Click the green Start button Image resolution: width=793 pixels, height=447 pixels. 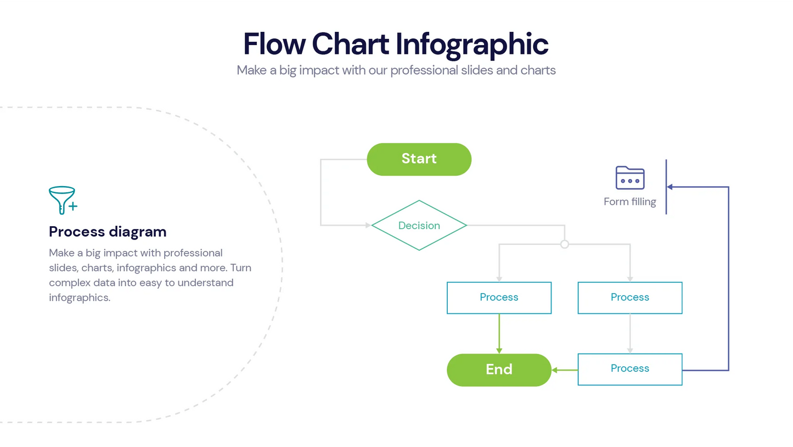coord(419,159)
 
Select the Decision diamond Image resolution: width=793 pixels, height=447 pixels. coord(419,225)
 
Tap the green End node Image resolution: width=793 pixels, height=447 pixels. coord(498,370)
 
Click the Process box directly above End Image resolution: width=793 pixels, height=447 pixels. coord(499,298)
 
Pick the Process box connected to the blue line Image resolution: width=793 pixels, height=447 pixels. coord(629,369)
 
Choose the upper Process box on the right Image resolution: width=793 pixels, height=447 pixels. coord(629,298)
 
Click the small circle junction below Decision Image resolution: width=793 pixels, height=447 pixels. coord(564,244)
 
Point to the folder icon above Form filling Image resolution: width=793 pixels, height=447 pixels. coord(629,178)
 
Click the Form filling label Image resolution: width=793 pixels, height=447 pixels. coord(629,202)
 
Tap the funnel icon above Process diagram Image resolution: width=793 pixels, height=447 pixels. coord(63,200)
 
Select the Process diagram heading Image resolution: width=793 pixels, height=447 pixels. coord(108,232)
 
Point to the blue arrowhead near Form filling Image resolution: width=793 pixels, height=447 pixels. coord(670,187)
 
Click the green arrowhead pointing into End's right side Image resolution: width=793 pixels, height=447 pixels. coord(555,370)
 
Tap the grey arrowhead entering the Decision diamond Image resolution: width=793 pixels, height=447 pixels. coord(368,225)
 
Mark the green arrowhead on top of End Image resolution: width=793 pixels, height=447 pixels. coord(499,350)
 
